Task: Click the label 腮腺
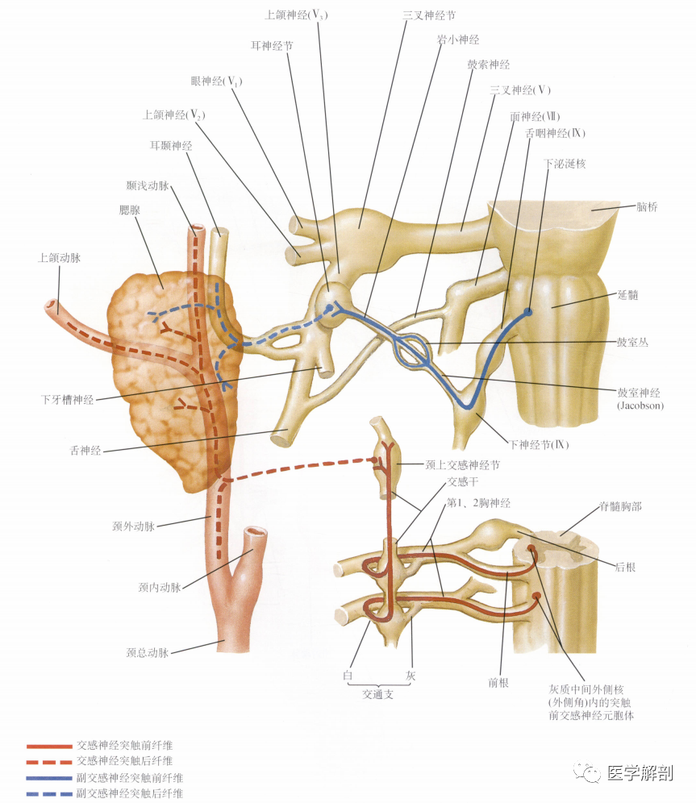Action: coord(129,210)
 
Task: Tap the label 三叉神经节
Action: coord(429,15)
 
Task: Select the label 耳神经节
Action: coord(272,46)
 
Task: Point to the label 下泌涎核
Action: coord(565,164)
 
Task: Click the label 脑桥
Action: coord(647,207)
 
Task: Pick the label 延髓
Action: coord(628,295)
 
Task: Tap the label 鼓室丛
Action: coord(632,342)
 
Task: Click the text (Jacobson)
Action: coord(640,406)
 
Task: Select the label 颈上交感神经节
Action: coord(462,465)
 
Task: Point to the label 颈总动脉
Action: coord(148,652)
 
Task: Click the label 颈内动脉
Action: coord(160,588)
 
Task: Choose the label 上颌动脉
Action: coord(60,258)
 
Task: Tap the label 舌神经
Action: coord(85,451)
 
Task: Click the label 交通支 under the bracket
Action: coord(378,694)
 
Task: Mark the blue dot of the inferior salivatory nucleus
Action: coord(528,311)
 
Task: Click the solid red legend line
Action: coord(49,746)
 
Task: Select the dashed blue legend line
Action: coord(49,794)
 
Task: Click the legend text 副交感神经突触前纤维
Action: coord(130,778)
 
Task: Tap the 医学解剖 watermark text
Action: coord(640,773)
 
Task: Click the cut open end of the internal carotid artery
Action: coord(255,533)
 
